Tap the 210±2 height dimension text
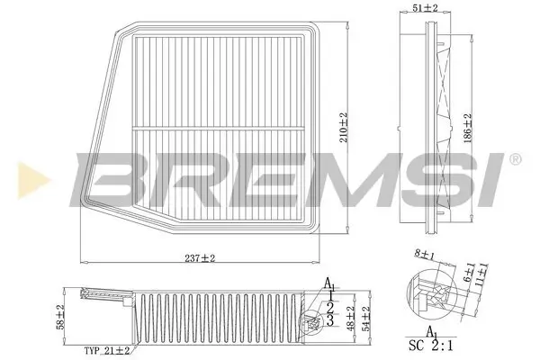tap(344, 130)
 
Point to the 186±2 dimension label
tap(467, 130)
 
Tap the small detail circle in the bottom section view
tap(312, 319)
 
